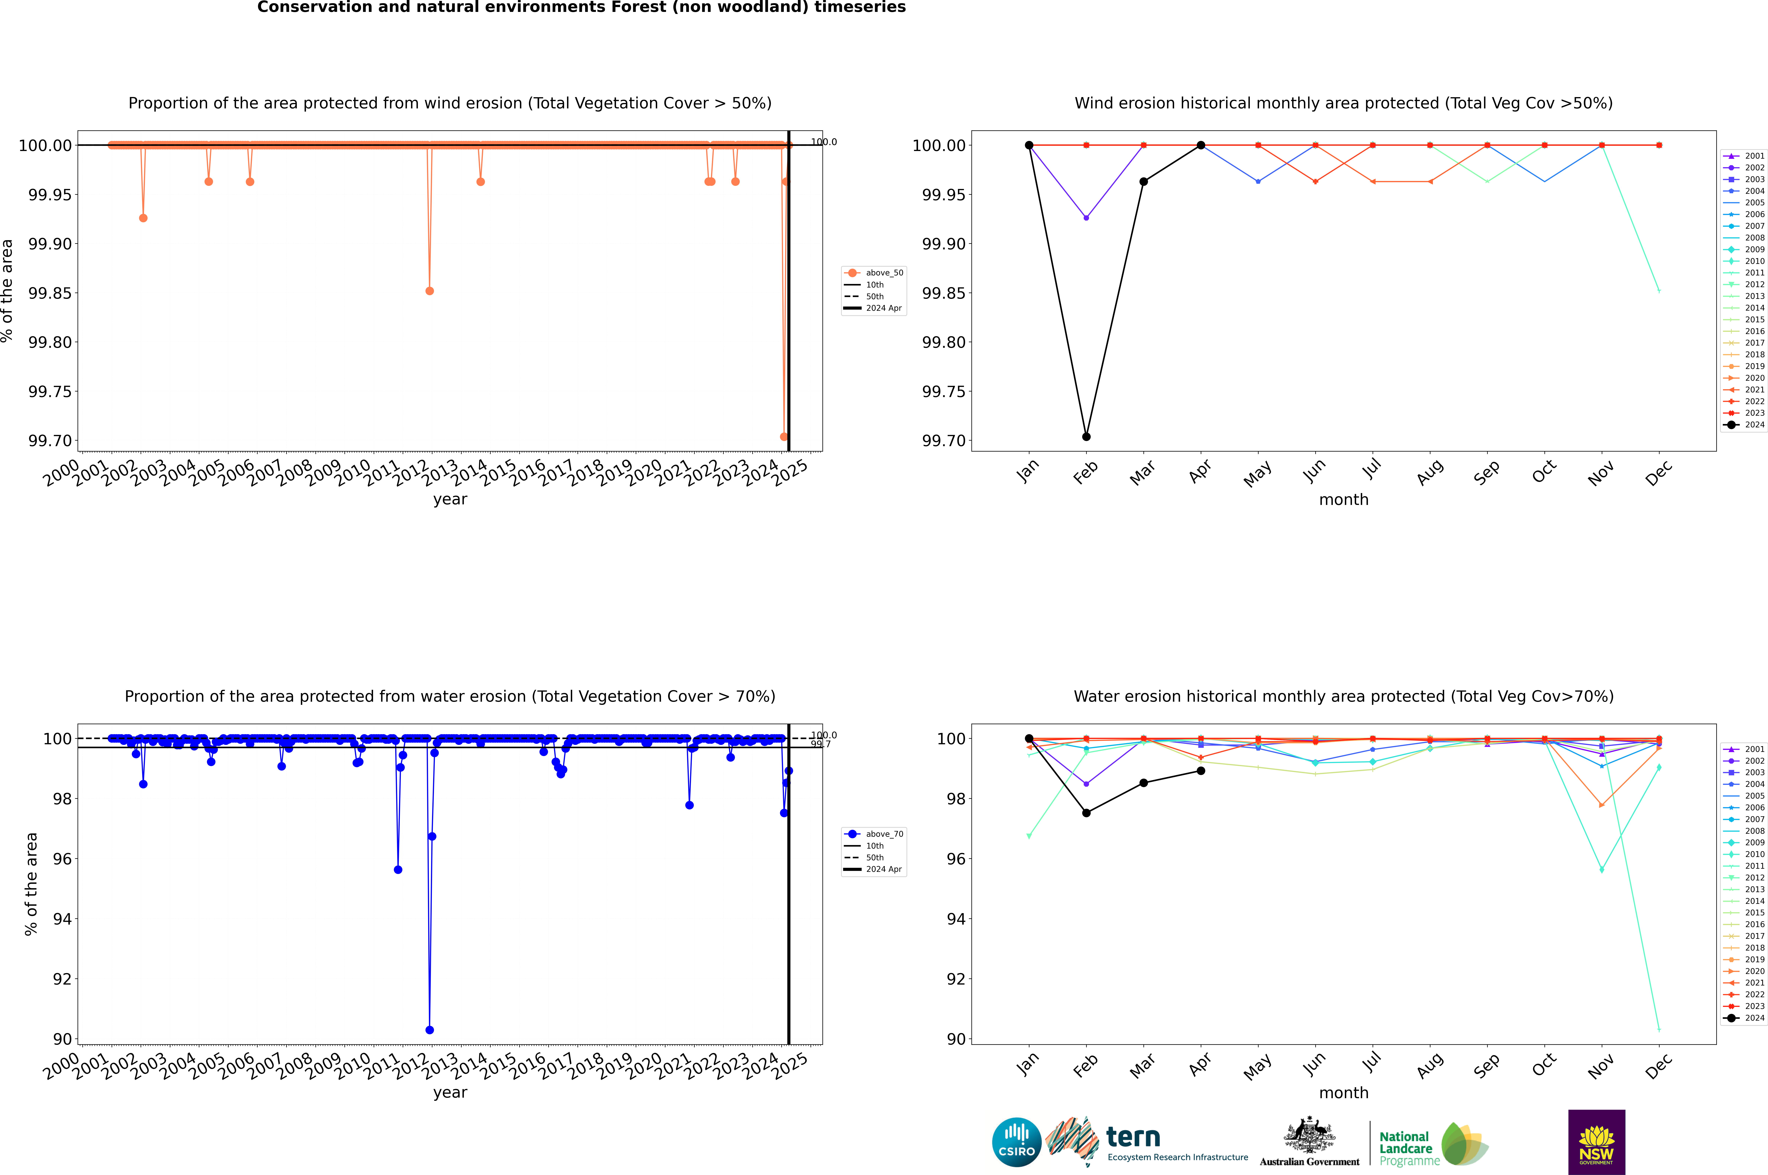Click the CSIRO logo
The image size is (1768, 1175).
tap(1016, 1142)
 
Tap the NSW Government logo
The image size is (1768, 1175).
tap(1596, 1142)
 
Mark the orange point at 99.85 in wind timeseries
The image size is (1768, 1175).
tap(429, 291)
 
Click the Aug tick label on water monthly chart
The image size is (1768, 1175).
tap(1429, 1066)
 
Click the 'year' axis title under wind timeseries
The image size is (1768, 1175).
tap(450, 499)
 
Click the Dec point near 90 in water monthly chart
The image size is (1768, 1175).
tap(1659, 1030)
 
